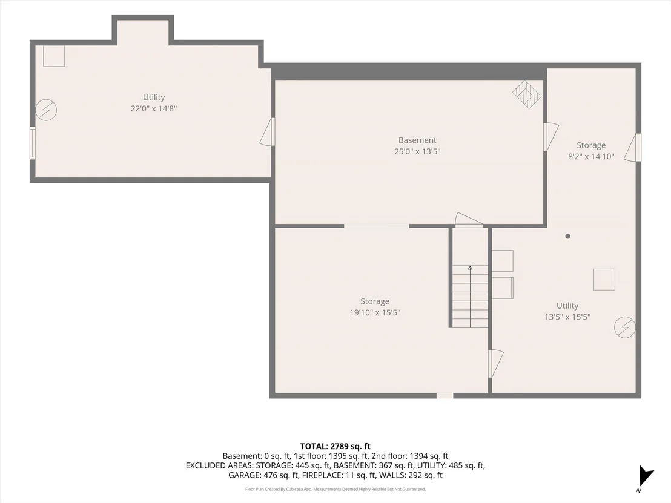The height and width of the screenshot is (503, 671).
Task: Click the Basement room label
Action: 417,140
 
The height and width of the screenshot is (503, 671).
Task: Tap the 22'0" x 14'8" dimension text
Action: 154,108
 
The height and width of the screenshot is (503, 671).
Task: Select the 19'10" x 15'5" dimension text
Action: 375,313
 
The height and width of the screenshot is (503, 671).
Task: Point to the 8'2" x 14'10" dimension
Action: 591,157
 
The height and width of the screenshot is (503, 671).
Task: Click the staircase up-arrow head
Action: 471,268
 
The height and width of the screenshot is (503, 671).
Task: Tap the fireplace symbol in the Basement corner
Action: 527,94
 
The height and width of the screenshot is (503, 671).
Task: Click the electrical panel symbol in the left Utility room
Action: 45,110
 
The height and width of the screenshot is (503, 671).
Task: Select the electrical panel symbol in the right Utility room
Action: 624,327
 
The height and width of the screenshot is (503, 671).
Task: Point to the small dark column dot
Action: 568,236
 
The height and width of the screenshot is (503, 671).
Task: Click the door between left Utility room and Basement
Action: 268,132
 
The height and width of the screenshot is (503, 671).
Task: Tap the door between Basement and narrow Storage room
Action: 550,136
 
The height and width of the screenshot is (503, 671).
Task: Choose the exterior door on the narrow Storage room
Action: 632,148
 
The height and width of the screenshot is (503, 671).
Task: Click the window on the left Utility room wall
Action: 32,143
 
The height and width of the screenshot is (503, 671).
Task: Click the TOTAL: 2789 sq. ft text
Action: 335,447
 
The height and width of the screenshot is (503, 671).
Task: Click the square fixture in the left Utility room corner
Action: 54,56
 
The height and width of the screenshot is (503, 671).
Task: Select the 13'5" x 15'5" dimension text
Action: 567,317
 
